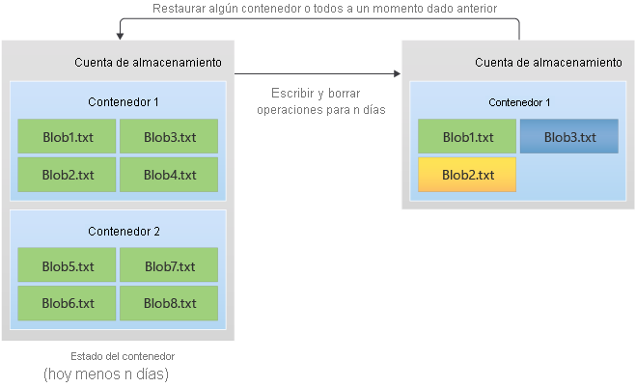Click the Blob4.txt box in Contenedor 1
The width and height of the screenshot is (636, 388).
pos(169,175)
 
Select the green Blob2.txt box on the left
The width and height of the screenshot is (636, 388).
pos(67,175)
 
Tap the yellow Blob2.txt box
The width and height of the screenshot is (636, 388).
pos(467,175)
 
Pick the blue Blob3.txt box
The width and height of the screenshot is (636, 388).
pos(568,137)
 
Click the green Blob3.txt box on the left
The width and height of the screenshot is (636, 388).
pos(169,137)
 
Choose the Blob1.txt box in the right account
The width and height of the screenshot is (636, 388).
pos(467,137)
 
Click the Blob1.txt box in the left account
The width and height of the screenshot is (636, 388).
pos(67,137)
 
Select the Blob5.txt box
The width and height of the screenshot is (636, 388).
pos(67,265)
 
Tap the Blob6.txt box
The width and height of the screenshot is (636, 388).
pos(67,303)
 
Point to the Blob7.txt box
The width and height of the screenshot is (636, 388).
pos(169,265)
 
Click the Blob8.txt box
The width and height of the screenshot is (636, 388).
pos(169,303)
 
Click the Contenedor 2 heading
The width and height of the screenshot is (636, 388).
pos(124,231)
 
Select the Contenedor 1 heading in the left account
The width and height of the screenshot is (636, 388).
pos(124,101)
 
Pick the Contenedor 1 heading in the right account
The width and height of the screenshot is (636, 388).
pos(519,101)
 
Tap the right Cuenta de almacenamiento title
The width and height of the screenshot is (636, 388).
pos(548,63)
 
